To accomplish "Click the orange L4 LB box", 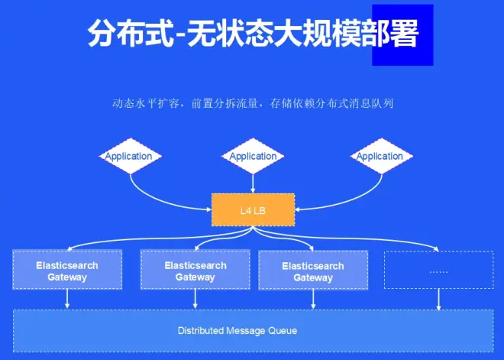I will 252,209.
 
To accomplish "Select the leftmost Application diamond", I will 128,156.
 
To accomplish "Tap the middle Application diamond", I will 253,156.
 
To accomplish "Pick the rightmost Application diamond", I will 380,156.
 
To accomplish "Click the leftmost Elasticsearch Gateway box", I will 67,271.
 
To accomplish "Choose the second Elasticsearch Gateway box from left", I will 195,271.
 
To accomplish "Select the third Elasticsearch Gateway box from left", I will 313,271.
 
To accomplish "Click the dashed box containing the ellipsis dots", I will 438,271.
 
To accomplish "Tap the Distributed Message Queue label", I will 237,331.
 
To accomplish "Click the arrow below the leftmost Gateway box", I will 67,300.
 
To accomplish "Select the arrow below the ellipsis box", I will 438,300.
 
